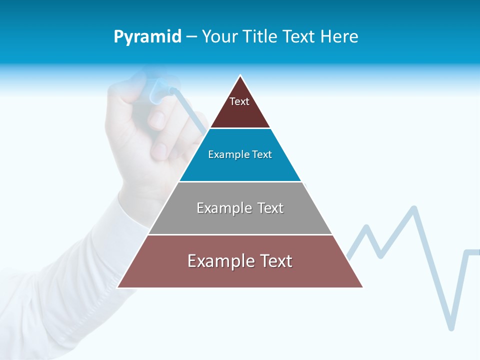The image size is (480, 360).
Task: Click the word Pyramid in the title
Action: [x=147, y=37]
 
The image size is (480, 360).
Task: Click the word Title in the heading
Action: [x=259, y=37]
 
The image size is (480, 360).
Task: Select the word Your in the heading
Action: [x=220, y=37]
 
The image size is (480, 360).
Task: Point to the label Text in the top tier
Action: [x=239, y=101]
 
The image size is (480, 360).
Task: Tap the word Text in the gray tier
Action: [x=270, y=208]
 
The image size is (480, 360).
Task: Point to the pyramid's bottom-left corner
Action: [x=118, y=287]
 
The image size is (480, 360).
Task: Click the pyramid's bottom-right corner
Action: [x=362, y=287]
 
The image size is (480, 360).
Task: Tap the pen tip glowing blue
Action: [x=171, y=90]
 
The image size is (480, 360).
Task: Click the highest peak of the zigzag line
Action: [x=414, y=207]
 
